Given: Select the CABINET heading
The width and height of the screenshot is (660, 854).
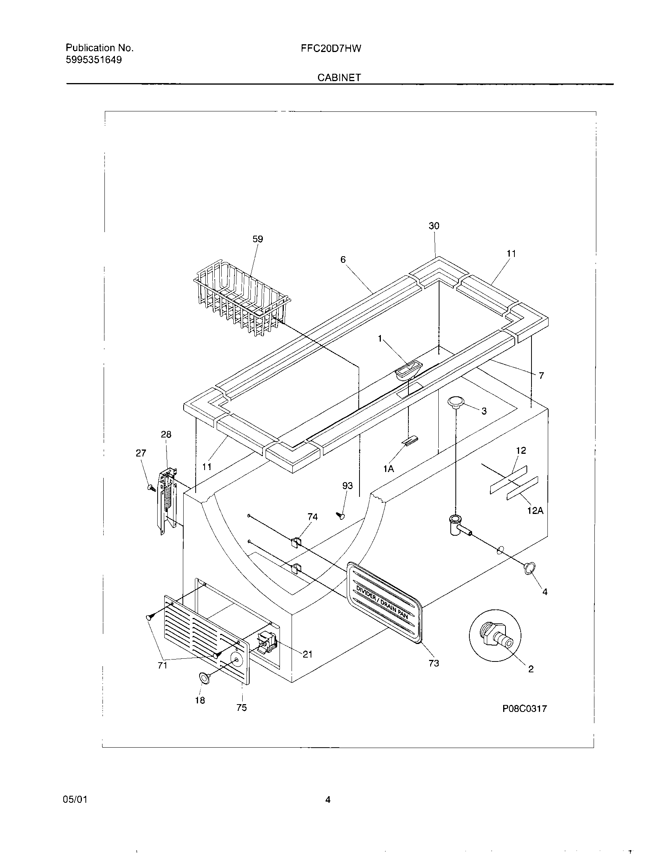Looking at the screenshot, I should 339,77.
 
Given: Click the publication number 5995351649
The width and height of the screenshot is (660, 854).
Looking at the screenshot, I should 94,60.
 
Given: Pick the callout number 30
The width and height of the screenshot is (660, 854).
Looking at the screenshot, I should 434,226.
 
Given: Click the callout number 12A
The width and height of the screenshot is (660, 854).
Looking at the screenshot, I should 535,511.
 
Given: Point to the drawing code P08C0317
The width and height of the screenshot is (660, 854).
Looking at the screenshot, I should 525,708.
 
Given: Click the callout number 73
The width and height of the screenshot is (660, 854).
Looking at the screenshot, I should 434,663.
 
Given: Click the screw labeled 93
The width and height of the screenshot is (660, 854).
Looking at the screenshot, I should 341,516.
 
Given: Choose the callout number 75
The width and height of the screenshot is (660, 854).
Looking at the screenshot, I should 241,708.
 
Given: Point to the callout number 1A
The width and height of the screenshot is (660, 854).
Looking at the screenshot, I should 388,469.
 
